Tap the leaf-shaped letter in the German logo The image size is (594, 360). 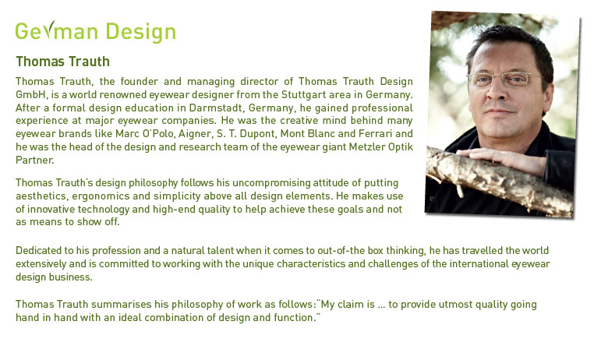click(x=48, y=30)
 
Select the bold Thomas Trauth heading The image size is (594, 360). click(x=62, y=62)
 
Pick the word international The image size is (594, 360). click(x=478, y=263)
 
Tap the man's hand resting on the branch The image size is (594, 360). click(x=504, y=159)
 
